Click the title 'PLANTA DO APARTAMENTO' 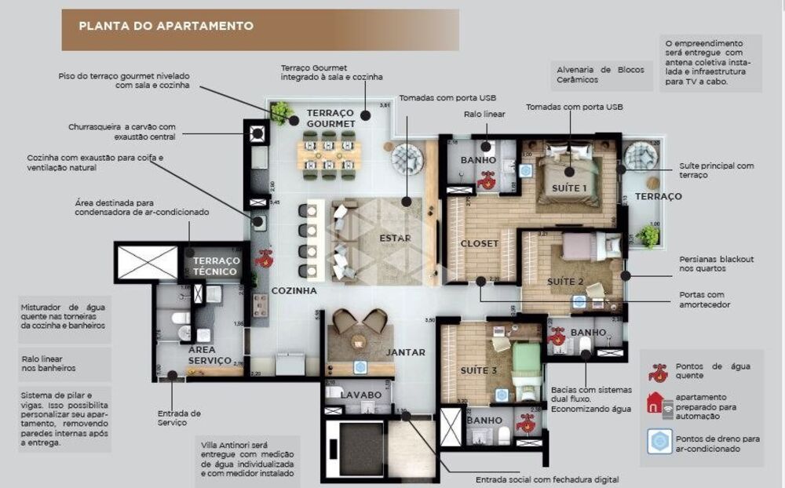click(166, 26)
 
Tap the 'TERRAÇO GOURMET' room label click(330, 118)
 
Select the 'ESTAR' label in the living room click(395, 239)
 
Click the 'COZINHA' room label click(294, 290)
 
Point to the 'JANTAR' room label click(405, 352)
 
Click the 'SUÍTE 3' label click(479, 370)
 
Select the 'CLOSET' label click(479, 243)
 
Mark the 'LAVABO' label click(360, 394)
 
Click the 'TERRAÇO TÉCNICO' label click(215, 266)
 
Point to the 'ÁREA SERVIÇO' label click(210, 355)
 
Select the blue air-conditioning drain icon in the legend click(659, 442)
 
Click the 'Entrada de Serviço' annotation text click(178, 417)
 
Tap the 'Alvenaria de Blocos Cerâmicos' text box click(600, 74)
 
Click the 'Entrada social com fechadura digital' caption click(546, 479)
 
